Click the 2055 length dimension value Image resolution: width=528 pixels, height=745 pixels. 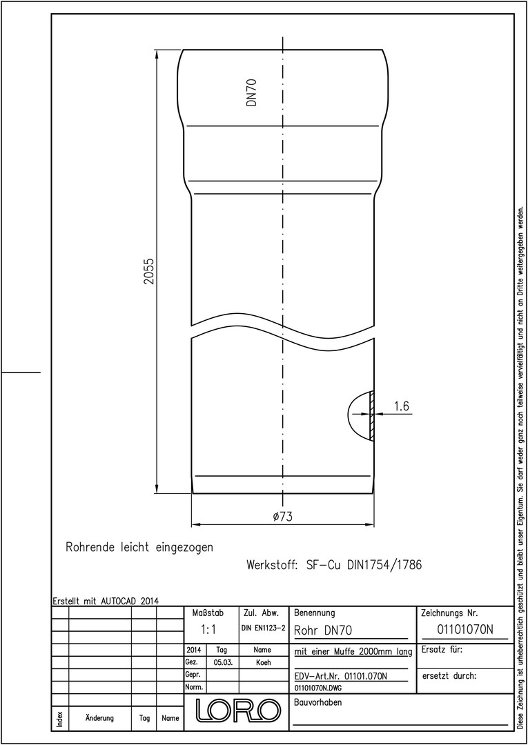[149, 271]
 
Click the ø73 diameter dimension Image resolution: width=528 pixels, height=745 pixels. [282, 517]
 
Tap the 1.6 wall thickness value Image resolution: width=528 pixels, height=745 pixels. [402, 406]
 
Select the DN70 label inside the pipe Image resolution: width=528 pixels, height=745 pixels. [252, 92]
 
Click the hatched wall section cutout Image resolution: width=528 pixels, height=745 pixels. [372, 415]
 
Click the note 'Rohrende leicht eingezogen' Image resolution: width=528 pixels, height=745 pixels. [139, 547]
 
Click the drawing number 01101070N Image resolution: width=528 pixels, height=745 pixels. [465, 630]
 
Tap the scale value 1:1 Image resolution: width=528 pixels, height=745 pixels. [208, 630]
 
